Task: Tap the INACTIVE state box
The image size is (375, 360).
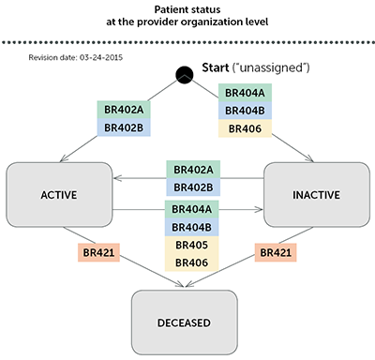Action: tap(309, 194)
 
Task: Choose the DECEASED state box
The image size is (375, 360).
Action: tap(187, 322)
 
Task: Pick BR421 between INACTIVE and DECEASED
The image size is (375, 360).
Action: tap(276, 253)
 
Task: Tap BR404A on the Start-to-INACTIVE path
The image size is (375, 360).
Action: tap(244, 93)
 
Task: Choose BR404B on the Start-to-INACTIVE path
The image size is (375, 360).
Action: tap(244, 111)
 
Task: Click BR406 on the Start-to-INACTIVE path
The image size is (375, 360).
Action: tap(244, 128)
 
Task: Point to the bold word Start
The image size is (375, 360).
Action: tap(217, 69)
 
